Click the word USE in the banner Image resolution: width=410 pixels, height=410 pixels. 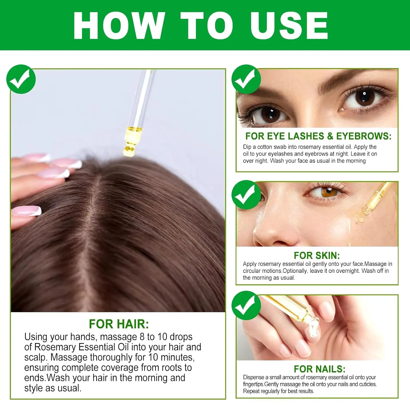[x=289, y=25]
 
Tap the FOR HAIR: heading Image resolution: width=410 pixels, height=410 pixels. [x=119, y=324]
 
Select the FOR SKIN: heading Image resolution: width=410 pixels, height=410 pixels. [x=317, y=255]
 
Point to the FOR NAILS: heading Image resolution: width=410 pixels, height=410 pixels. [x=320, y=369]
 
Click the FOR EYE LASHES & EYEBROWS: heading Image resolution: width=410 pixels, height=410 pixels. [x=318, y=136]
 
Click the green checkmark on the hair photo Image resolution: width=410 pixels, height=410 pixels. [x=21, y=79]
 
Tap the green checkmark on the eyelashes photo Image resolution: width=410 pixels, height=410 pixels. [x=246, y=79]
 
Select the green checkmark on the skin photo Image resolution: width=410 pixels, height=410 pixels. [x=246, y=195]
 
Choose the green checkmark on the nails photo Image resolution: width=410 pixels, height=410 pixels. [x=246, y=305]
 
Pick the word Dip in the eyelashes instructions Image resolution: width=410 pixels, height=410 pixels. [x=247, y=147]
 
